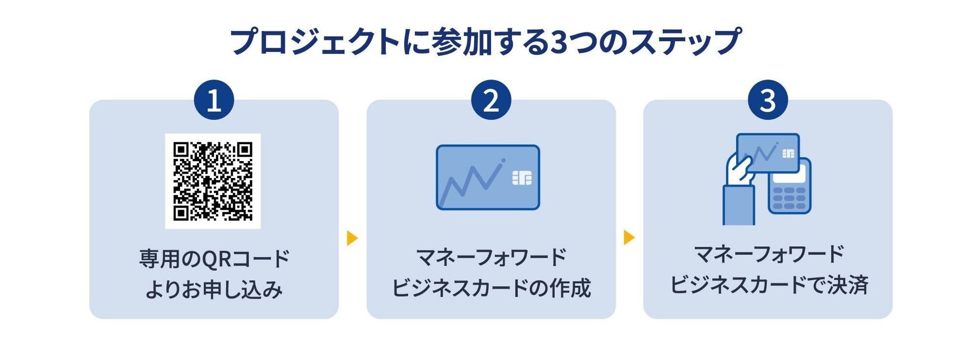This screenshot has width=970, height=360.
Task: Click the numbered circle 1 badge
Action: coord(214,100)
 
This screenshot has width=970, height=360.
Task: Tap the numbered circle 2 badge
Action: coord(491,100)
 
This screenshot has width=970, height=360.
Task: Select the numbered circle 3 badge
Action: coord(768,100)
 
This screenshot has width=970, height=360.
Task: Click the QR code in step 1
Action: coord(213,181)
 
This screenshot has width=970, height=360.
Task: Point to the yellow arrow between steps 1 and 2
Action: coord(352,238)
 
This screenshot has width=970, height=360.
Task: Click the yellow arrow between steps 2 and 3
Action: coord(629,238)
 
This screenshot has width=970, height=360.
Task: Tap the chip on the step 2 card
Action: coord(522,178)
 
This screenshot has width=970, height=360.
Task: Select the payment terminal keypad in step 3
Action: coord(789,198)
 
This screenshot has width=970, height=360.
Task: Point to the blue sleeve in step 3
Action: coord(738,205)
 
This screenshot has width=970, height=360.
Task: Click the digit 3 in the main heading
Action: coord(560,42)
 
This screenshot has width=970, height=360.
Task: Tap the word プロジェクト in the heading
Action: coord(314,42)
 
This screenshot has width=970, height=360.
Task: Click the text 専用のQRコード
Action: coord(214,259)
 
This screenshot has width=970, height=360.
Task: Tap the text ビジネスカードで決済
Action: coord(769,285)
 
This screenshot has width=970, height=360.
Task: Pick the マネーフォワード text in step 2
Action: coord(491,258)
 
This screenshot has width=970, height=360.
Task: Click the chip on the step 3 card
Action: coord(788,154)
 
